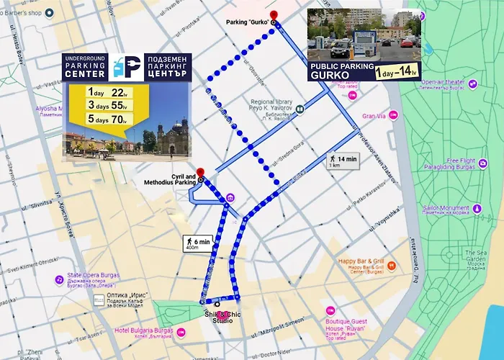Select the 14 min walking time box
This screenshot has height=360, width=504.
pyautogui.click(x=343, y=161)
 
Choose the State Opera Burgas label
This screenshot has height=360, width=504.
pyautogui.click(x=91, y=279)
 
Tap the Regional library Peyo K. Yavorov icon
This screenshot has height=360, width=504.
pyautogui.click(x=299, y=109)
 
